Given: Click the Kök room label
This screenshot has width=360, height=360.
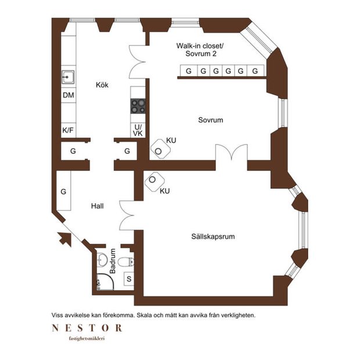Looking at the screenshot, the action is pos(102,85).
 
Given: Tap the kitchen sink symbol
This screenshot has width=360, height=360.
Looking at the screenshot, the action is pos(68,77).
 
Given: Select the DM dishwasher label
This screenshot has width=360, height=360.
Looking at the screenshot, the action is pos(69,95).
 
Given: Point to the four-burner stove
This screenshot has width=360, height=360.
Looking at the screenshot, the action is pos(138,106).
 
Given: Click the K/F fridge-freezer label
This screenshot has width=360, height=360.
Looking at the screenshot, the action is pos(68,130).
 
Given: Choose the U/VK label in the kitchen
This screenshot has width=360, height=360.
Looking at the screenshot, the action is pos(138,130).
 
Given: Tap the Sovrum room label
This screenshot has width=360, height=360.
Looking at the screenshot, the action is pos(211,120).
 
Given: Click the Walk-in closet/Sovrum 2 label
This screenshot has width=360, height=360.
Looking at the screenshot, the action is pos(200,49).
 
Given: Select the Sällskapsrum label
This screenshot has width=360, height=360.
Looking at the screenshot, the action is pos(213,236).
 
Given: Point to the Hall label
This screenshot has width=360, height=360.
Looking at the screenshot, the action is pos(98,206).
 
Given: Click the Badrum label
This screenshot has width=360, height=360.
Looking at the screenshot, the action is pos(113,261).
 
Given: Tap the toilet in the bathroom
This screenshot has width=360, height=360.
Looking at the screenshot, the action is pos(126,262).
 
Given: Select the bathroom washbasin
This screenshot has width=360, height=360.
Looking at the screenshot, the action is pos(102,260).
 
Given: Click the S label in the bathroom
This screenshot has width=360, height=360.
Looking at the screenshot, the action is pos(129,279).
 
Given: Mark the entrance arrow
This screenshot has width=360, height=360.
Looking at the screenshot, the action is pos(65,239).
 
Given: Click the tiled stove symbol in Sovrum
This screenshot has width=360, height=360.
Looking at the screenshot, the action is pos(160,149).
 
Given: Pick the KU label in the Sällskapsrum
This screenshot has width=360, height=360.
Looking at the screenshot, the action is pos(165,191).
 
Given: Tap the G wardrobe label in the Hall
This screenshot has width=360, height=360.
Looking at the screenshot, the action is pos(63,191).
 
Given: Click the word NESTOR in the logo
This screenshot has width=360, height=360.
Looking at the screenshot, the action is pos(87,328).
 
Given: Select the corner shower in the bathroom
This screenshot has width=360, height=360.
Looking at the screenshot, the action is pos(105,282).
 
